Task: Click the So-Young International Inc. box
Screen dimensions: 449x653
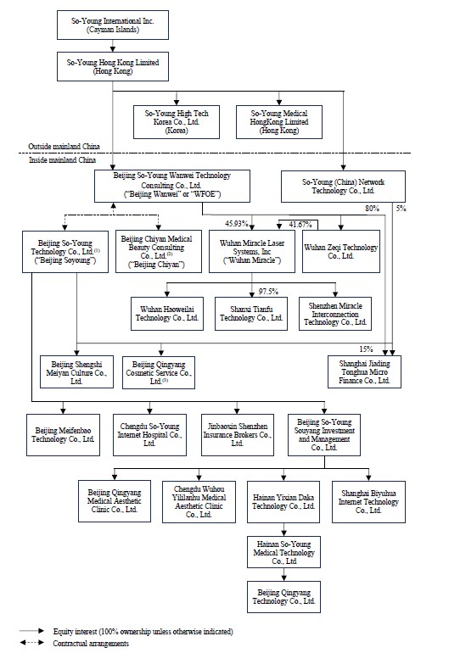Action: click(113, 25)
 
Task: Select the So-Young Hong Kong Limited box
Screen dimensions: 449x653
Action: click(113, 67)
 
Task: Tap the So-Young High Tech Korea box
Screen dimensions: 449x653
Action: click(177, 121)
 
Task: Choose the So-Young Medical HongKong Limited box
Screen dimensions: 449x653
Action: click(279, 121)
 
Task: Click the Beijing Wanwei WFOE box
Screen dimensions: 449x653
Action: click(172, 186)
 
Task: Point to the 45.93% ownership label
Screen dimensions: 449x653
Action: click(236, 224)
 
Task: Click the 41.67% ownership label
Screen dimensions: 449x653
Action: click(300, 225)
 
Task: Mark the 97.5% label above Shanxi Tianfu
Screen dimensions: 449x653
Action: click(268, 292)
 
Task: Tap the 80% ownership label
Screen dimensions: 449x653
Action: click(372, 209)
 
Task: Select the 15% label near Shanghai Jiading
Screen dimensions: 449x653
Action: click(366, 349)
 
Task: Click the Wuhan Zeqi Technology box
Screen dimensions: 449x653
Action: click(341, 252)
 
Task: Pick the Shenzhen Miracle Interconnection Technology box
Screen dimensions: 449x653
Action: click(335, 314)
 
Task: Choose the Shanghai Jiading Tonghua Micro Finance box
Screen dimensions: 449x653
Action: click(364, 372)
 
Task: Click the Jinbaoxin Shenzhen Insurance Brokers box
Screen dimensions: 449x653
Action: click(238, 435)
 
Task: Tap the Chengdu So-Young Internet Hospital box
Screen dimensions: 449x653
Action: click(149, 435)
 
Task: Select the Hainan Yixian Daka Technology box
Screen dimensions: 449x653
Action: click(283, 502)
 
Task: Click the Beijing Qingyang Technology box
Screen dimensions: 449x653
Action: click(283, 597)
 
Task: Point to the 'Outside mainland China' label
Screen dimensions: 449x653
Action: click(64, 147)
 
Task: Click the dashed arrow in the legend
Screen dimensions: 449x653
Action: click(31, 643)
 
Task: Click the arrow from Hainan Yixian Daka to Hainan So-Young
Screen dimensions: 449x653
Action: click(283, 530)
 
